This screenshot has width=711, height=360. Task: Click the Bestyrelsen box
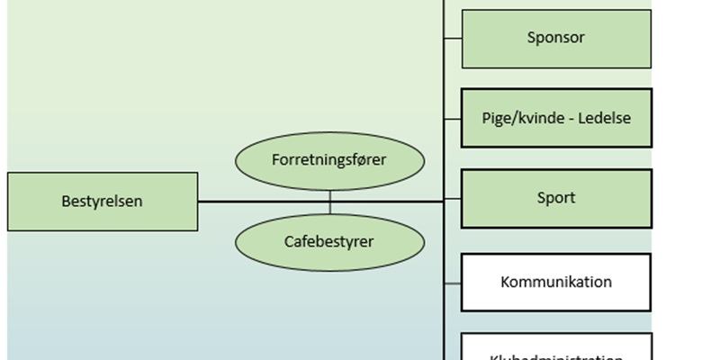[x=103, y=202]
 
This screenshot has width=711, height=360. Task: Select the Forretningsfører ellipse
[x=329, y=160]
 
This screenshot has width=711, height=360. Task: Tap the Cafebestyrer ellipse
[x=329, y=241]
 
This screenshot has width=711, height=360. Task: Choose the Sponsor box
[x=556, y=39]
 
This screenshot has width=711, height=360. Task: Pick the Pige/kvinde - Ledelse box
[x=556, y=118]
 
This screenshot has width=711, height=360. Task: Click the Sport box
[x=556, y=198]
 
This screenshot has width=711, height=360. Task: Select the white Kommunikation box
[x=556, y=282]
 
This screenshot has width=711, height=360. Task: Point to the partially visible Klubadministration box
[x=556, y=349]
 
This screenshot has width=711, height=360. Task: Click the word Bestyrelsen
[x=103, y=202]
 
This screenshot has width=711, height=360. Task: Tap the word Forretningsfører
[x=329, y=160]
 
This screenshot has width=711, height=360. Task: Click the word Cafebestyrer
[x=329, y=241]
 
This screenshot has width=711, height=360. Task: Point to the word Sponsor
[x=556, y=38]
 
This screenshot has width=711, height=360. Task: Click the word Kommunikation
[x=556, y=282]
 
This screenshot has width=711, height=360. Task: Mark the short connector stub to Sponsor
[x=453, y=38]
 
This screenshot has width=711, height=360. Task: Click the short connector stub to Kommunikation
[x=453, y=283]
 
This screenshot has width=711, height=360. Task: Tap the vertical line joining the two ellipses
[x=329, y=202]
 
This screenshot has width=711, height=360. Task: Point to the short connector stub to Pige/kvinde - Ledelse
[x=453, y=118]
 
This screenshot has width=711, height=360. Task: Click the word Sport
[x=556, y=198]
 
